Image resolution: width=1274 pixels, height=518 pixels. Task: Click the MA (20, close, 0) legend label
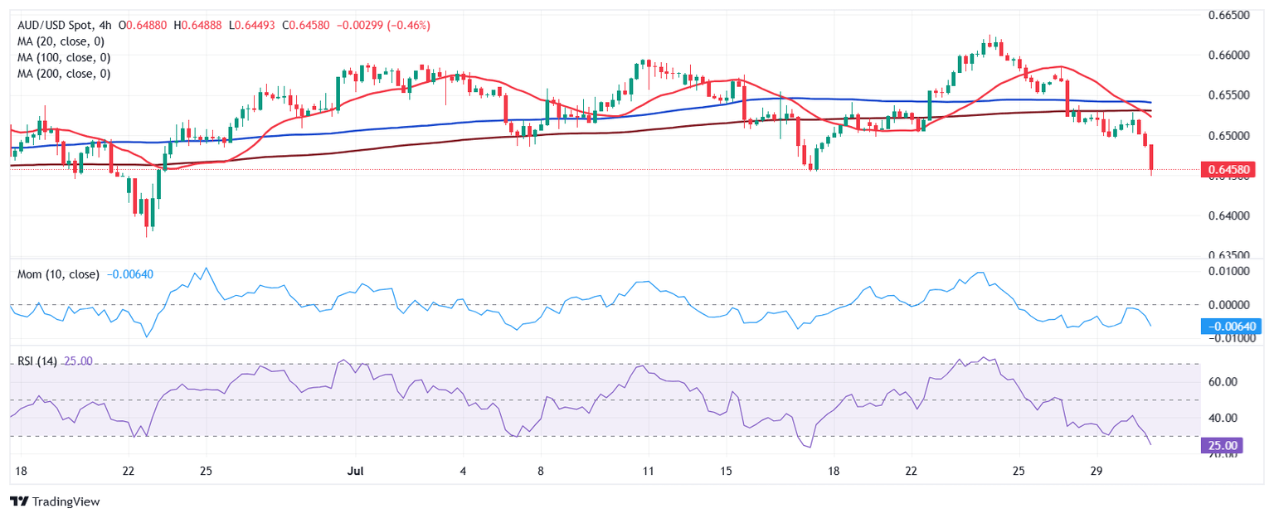click(x=63, y=41)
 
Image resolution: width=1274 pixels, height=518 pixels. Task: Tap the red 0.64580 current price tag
click(x=1231, y=170)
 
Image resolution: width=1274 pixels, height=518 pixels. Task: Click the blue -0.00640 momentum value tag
click(x=1231, y=327)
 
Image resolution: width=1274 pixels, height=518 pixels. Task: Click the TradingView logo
click(x=55, y=501)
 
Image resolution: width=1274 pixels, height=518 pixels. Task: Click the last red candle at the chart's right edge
click(x=1151, y=157)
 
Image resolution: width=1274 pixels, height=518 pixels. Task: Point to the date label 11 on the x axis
click(x=648, y=471)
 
